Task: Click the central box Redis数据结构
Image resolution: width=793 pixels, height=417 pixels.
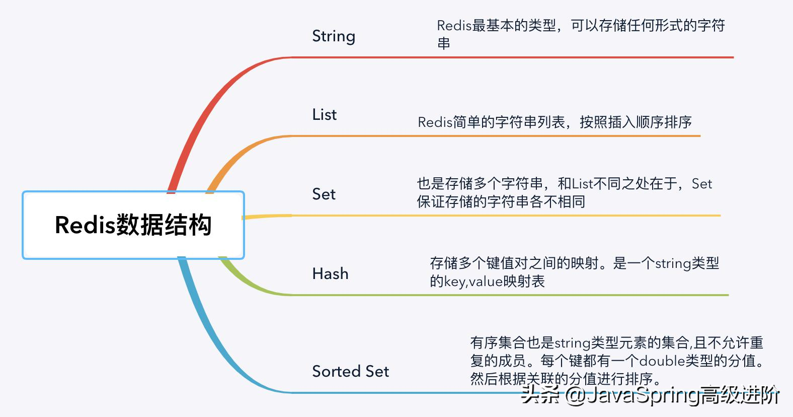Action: [133, 225]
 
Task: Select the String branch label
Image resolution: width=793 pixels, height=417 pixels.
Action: [334, 36]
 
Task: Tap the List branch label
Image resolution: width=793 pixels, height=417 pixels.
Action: [324, 115]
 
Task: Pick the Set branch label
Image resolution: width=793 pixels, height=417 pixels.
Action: [324, 194]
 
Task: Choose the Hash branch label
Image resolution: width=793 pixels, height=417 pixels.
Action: [330, 274]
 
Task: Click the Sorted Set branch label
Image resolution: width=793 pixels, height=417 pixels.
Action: [350, 372]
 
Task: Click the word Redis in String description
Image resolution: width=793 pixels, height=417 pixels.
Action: [454, 26]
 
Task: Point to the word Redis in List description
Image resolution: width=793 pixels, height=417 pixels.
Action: [435, 122]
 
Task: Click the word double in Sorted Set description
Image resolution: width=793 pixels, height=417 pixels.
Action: [662, 361]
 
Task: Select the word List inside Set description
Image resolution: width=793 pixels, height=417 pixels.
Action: [583, 184]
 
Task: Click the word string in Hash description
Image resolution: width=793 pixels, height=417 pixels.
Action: [673, 263]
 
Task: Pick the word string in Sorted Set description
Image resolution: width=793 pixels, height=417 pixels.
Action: [573, 343]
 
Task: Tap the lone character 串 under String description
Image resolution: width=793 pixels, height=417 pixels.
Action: [443, 44]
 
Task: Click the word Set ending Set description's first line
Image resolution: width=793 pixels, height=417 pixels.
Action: [702, 184]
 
